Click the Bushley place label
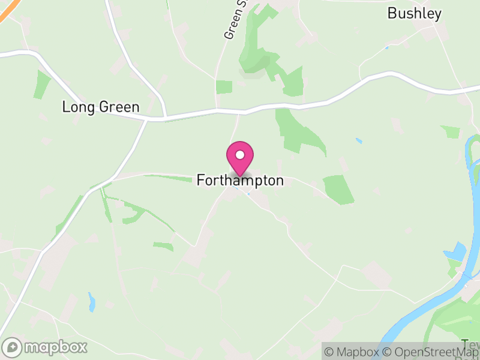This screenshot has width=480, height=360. click(415, 13)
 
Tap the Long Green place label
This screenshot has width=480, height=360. click(101, 107)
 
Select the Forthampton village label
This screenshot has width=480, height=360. click(240, 180)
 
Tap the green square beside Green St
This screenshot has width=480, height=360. click(224, 87)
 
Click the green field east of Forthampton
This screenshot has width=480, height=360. click(338, 189)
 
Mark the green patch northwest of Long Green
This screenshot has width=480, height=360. click(42, 84)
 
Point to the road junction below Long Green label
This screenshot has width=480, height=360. click(147, 119)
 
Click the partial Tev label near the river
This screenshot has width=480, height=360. click(470, 344)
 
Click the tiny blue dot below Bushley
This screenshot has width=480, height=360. click(387, 47)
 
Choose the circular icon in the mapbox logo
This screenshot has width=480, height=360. click(12, 347)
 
